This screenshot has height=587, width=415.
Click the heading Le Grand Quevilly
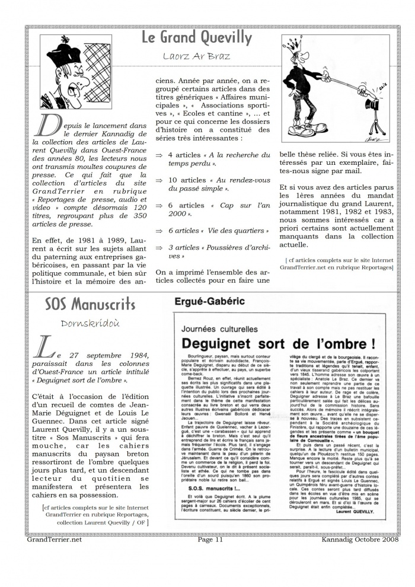[196, 38]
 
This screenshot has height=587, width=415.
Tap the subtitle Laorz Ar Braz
[196, 57]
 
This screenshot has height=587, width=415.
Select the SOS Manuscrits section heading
[90, 305]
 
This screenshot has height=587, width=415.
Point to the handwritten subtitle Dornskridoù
[90, 323]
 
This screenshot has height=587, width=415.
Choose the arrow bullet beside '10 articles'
[159, 180]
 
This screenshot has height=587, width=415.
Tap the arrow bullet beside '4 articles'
[159, 155]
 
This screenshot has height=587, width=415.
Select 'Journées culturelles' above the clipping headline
[219, 327]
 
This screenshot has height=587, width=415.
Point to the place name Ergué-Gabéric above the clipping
[209, 301]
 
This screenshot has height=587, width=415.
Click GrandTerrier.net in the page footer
[55, 540]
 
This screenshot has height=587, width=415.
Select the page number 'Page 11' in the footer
[210, 540]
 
